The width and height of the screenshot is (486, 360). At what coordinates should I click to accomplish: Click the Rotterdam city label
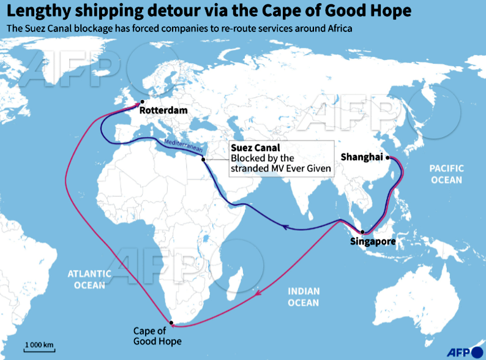163,111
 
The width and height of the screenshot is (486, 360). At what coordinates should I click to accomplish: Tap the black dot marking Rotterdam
142,102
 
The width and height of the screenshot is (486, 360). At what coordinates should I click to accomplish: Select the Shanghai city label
361,157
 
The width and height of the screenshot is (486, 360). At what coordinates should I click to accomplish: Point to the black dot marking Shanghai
387,157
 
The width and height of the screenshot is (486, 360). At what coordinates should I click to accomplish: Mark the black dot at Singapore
362,232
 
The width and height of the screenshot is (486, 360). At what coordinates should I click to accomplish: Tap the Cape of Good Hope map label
157,336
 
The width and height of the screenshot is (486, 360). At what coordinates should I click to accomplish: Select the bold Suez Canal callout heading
255,148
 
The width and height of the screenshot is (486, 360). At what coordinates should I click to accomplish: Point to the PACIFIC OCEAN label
446,174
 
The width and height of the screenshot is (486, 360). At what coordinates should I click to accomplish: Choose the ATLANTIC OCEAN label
89,279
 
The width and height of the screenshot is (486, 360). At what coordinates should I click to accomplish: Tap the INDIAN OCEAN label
304,297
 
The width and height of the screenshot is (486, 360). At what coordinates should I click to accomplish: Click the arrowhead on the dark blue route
285,227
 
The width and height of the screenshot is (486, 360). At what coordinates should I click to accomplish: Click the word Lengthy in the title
36,11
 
